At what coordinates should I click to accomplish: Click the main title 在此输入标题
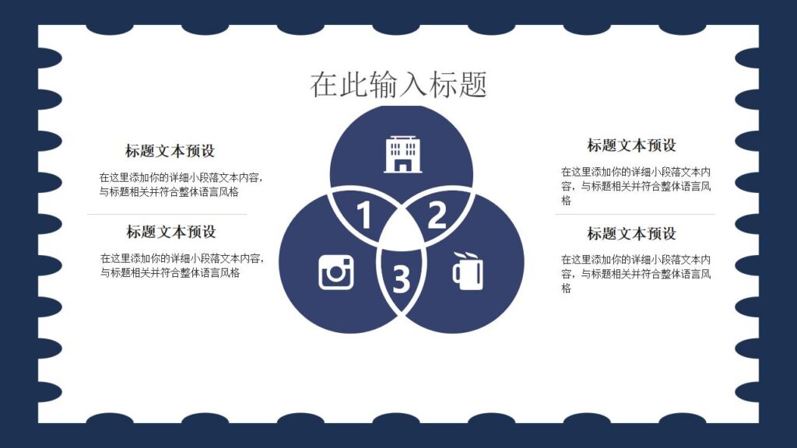(398, 84)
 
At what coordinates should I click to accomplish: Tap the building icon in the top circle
(402, 153)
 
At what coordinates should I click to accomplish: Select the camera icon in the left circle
(336, 272)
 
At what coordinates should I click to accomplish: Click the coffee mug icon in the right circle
(467, 271)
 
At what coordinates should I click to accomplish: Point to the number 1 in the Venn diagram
(363, 215)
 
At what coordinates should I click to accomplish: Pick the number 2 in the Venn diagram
(437, 215)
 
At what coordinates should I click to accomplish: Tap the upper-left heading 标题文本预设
(170, 151)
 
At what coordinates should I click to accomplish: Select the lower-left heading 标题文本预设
(171, 232)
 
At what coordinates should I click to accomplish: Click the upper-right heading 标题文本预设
(631, 145)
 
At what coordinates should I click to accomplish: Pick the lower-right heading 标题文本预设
(631, 233)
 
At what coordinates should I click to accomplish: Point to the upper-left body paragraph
(181, 184)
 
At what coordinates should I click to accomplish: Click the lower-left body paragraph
(182, 265)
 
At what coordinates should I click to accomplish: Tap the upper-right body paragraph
(636, 186)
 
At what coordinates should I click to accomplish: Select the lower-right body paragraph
(636, 274)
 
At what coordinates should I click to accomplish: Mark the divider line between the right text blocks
(635, 214)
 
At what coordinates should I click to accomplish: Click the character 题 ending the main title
(472, 84)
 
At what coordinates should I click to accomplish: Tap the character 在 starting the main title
(325, 84)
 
